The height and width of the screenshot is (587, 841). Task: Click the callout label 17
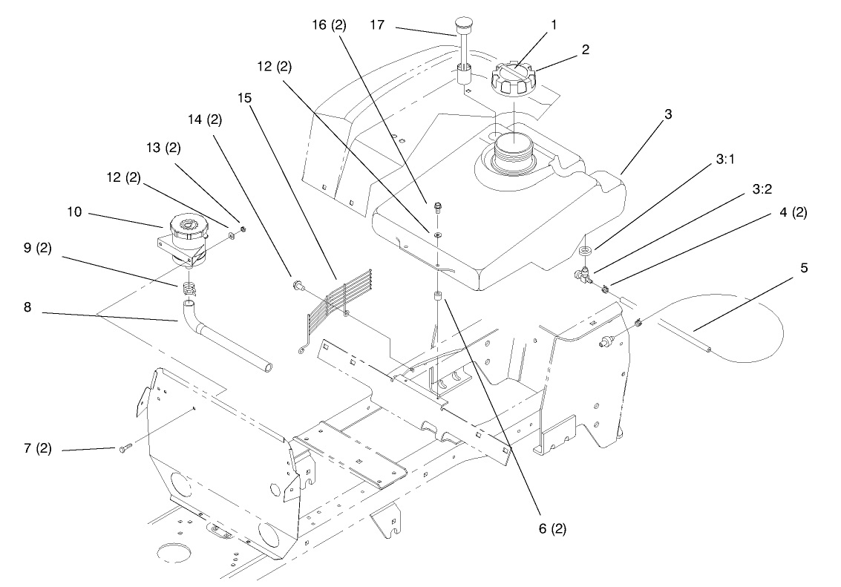tap(377, 24)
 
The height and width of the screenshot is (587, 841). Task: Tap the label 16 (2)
tap(329, 24)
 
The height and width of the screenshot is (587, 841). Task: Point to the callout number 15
tap(244, 98)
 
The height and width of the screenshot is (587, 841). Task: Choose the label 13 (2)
tap(163, 148)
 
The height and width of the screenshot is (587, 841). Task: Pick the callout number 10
tap(74, 211)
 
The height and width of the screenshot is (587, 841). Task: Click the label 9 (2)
tap(37, 248)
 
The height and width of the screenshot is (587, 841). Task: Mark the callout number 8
tap(27, 307)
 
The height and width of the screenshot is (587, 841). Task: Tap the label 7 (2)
tap(37, 447)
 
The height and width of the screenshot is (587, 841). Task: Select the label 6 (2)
tap(552, 528)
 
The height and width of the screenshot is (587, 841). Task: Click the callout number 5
tap(804, 267)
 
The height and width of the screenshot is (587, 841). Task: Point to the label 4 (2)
tap(793, 212)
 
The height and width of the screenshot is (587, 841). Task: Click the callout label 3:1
tap(724, 160)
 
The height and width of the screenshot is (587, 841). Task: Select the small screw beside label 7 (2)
tap(124, 447)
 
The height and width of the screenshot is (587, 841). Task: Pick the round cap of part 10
tap(186, 227)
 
